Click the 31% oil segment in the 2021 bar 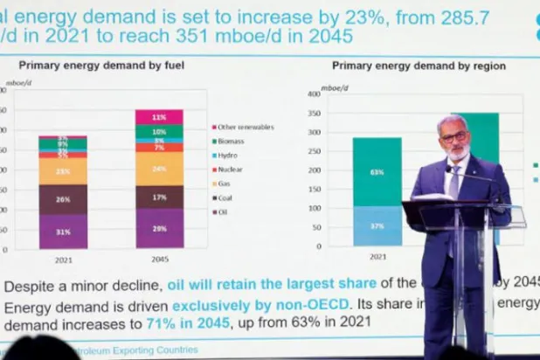pos(63,232)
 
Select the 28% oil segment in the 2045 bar pos(159,229)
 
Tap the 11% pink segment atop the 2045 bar pos(159,117)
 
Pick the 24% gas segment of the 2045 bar pos(159,169)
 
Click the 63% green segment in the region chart pos(377,172)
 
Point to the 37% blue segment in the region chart pos(377,225)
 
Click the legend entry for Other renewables pos(246,127)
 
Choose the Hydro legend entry pos(228,155)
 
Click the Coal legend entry pos(226,197)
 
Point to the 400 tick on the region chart pos(315,93)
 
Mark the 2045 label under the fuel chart pos(159,260)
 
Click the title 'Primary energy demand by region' pos(419,66)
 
